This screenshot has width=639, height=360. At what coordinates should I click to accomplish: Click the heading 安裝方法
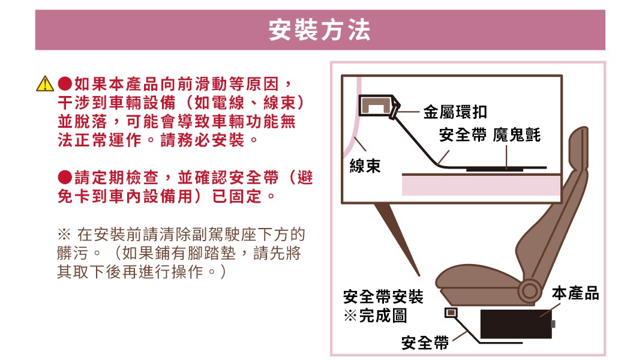(x=319, y=31)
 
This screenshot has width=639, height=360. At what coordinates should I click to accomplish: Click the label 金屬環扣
(x=455, y=112)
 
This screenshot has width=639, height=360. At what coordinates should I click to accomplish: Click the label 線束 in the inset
(x=365, y=166)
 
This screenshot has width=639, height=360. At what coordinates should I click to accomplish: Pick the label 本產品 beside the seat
(x=575, y=293)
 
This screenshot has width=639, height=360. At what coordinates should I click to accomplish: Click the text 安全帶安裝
(x=383, y=296)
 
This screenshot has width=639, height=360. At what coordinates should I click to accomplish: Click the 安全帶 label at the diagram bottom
(x=425, y=343)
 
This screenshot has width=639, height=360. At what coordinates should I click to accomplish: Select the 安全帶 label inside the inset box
(x=463, y=135)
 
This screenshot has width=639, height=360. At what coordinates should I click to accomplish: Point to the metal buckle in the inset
(x=377, y=107)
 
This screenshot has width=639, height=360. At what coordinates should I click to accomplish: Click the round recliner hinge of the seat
(x=529, y=292)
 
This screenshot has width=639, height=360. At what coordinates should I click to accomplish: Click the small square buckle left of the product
(x=451, y=313)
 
